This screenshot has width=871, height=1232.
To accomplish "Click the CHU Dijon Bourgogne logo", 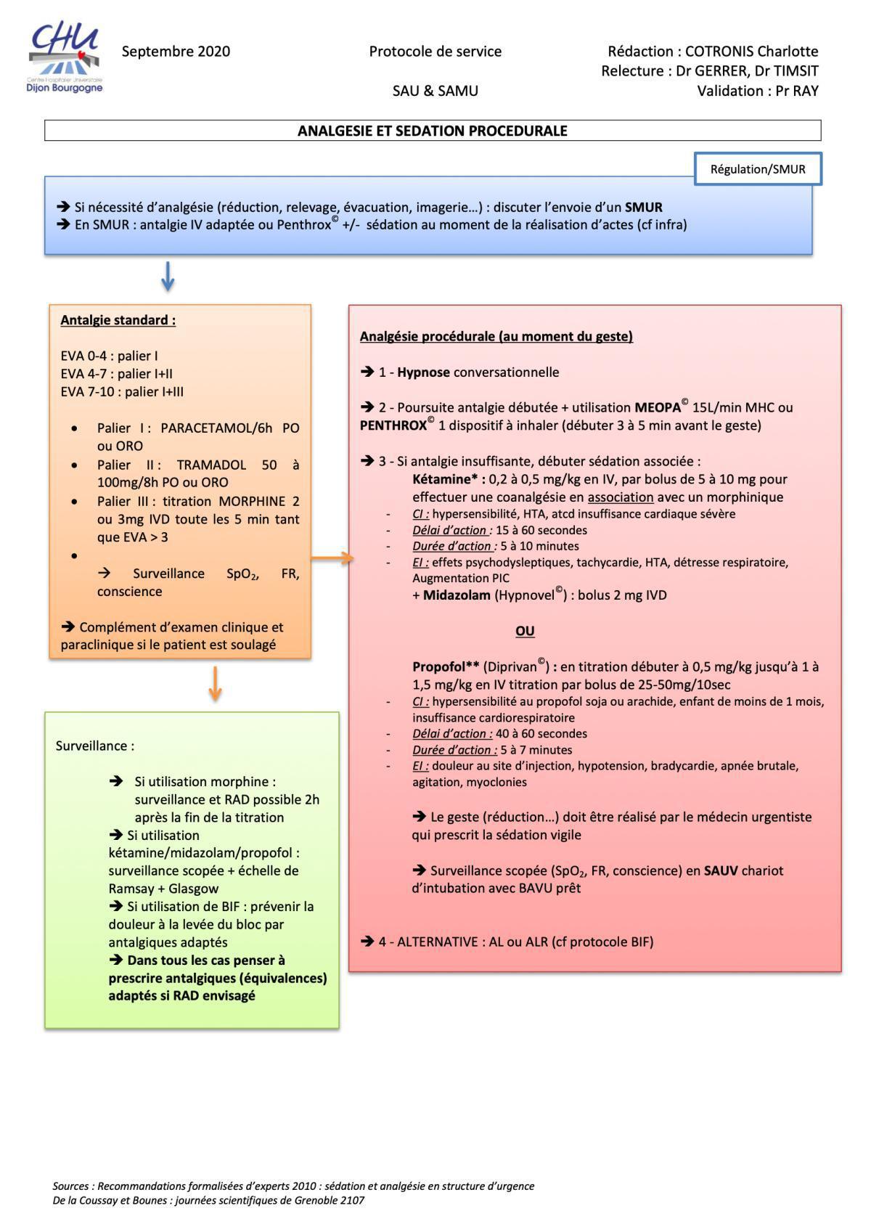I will pos(65,58).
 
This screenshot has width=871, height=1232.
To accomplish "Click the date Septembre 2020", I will pos(176,52).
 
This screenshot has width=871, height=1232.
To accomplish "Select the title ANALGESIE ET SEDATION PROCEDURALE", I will pos(432,131).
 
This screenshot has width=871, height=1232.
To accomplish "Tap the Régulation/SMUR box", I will pos(757,169).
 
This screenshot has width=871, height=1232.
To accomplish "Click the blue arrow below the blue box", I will pos(167,277).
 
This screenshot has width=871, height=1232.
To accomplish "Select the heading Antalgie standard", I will pos(118,320).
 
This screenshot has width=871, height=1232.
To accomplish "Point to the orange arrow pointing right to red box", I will pos(332,558).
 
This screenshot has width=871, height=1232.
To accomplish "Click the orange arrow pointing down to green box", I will pos(214,683).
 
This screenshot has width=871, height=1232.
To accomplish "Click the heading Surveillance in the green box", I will pos(94,746).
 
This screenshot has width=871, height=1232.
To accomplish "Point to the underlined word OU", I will pos(525,631).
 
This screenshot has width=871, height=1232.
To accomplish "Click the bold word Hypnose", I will pos(423,372).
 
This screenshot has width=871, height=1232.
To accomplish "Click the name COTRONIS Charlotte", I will pos(751,52).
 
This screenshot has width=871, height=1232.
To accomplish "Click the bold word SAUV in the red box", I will pos(721,870).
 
